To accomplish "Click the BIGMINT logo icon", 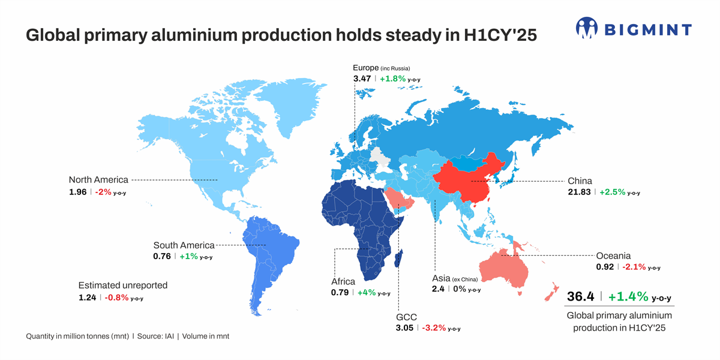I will pos(587,28).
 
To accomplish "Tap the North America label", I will pos(98,179).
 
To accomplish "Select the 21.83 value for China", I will pos(579,192).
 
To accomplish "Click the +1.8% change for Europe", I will pos(392,79).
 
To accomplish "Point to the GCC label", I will pos(406,317).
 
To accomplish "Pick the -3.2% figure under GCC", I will pos(434,328).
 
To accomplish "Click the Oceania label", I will pos(613,256).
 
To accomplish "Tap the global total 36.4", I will pos(581,296).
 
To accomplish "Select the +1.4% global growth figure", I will pos(628,296).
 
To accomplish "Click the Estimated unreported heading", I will pos(123,286).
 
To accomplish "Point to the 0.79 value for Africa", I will pos(340,293).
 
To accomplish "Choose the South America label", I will pos(184,245).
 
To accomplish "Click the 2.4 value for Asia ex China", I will pos(438,289).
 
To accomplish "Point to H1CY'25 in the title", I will pos(500,35).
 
